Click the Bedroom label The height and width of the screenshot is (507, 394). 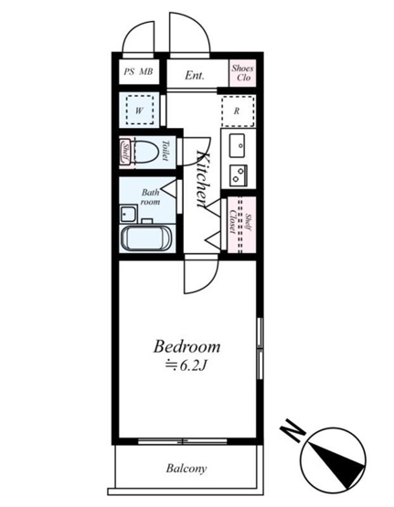point(187,346)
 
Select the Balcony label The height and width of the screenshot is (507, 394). point(186,469)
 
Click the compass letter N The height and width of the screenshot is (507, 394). point(293,429)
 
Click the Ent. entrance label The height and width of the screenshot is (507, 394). point(195,76)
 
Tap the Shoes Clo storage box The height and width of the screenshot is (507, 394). point(242,73)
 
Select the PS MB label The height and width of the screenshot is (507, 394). point(138,71)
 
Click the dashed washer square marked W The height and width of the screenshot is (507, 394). point(140,110)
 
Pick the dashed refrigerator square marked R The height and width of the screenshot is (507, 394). point(238,111)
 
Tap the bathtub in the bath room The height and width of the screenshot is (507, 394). point(146,239)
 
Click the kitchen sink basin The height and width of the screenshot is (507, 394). point(237,146)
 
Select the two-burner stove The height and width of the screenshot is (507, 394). point(239,174)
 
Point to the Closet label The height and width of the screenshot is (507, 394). point(232,222)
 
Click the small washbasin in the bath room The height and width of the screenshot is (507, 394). point(128,214)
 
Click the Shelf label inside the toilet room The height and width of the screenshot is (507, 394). point(125,153)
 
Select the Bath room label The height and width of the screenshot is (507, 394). point(150,197)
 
